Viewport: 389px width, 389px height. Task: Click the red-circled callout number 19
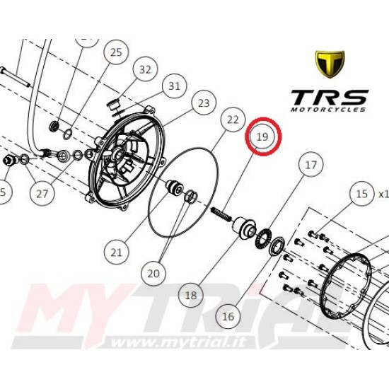[262, 137]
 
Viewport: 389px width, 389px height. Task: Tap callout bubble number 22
[233, 120]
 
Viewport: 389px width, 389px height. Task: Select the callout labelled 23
[204, 103]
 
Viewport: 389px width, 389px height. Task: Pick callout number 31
[174, 86]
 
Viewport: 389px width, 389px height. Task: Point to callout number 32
[146, 69]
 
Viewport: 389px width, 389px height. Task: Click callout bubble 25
[117, 52]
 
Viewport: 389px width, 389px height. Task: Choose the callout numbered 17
[311, 165]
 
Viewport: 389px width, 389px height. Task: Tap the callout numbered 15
[362, 194]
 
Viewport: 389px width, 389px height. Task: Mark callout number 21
[117, 252]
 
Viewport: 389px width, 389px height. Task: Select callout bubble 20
[153, 274]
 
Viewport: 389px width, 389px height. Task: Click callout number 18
[191, 295]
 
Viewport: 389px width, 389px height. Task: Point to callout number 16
[228, 316]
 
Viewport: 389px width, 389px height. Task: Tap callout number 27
[42, 194]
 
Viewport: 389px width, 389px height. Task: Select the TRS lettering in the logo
[329, 98]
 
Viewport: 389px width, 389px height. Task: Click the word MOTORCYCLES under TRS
[328, 110]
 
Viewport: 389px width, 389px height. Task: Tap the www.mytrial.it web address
[179, 342]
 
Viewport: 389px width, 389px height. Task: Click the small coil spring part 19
[221, 214]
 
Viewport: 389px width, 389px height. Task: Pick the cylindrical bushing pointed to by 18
[244, 228]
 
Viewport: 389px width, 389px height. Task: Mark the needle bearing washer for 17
[264, 238]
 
